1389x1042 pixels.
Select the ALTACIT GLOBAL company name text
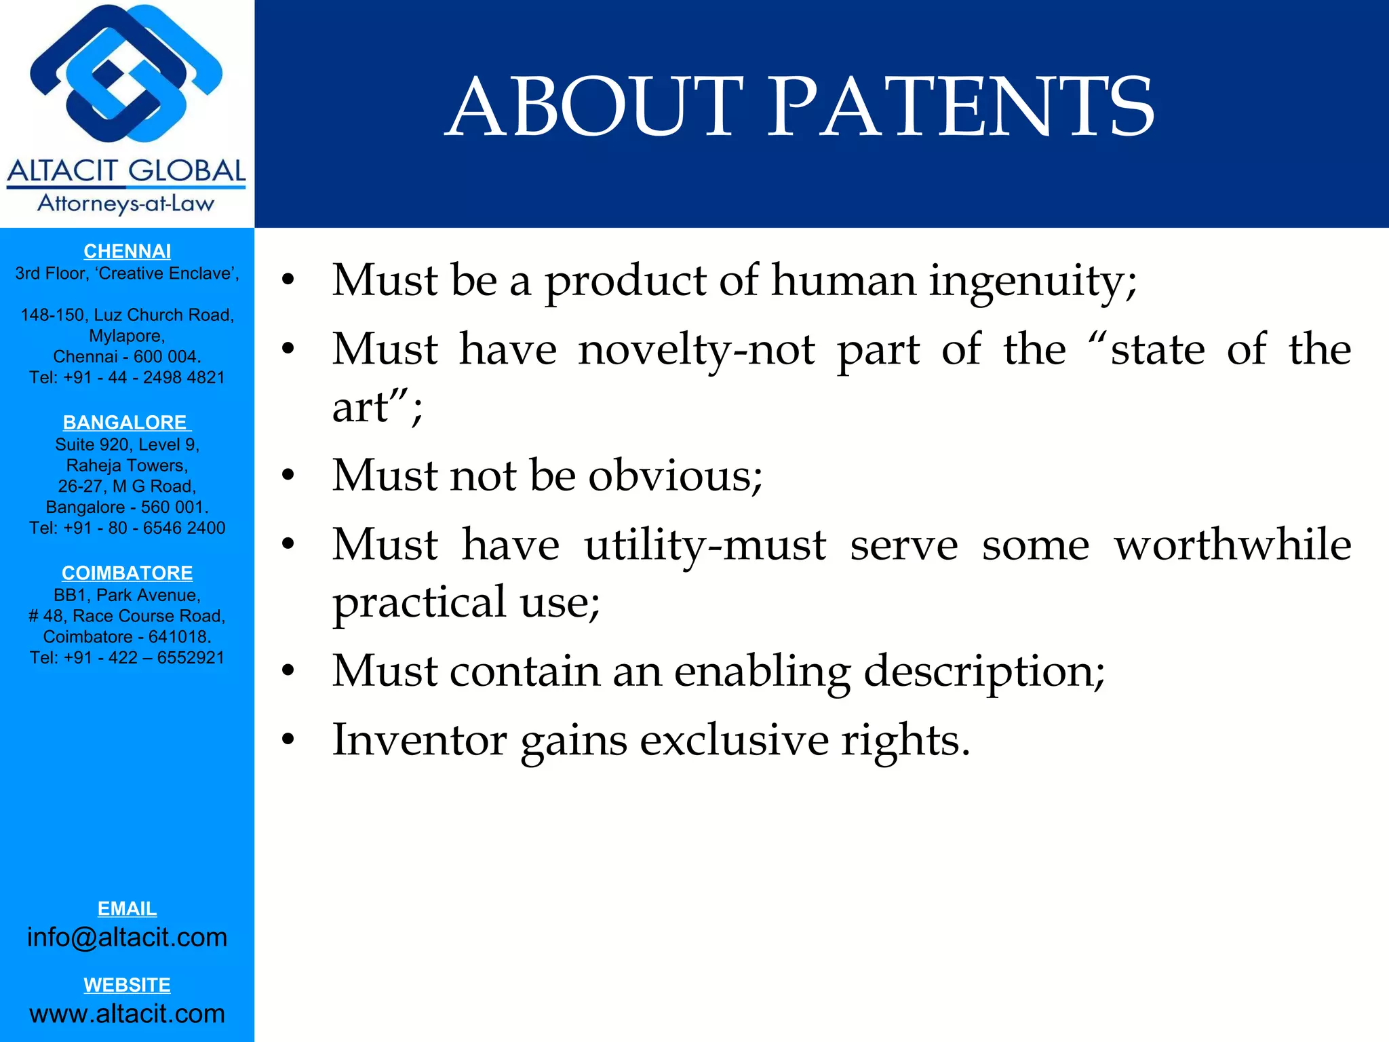(126, 171)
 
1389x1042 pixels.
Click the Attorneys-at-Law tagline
(126, 204)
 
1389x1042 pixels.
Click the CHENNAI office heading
(127, 251)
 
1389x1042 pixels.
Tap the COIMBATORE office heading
(127, 573)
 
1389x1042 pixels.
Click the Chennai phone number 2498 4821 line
(127, 377)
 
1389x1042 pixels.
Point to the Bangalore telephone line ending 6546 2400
(127, 528)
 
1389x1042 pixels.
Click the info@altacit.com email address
(127, 937)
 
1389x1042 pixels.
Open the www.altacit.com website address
(127, 1014)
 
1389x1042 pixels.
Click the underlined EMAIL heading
(127, 908)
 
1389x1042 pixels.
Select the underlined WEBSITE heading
(127, 984)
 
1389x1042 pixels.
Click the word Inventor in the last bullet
(419, 739)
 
